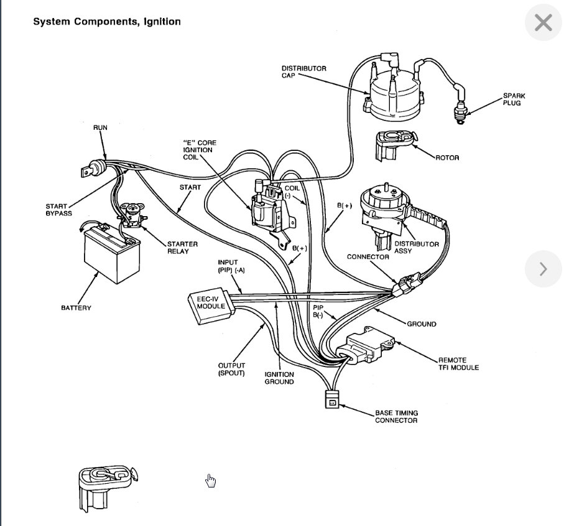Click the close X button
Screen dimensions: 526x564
pos(543,23)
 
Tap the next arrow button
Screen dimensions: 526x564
pos(543,269)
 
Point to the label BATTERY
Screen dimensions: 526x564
pos(76,308)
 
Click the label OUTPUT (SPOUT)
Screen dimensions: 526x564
pos(231,369)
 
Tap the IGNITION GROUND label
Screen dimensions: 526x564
pos(279,378)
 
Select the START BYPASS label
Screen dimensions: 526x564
pos(59,210)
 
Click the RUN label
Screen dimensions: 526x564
pos(100,127)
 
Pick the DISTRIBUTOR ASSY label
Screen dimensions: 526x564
pos(417,248)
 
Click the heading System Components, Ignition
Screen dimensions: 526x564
pos(107,22)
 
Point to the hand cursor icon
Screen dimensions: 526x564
pos(211,481)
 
